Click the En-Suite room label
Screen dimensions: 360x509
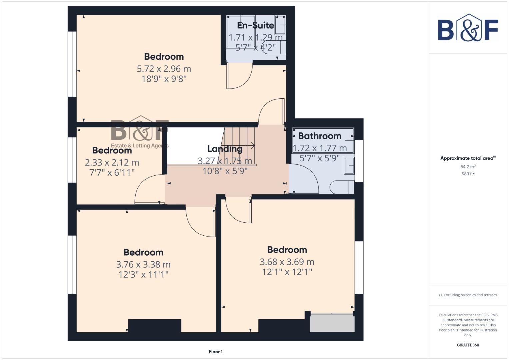click(255, 25)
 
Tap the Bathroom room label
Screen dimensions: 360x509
click(319, 136)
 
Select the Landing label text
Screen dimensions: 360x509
click(225, 149)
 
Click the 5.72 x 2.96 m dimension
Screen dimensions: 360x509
click(164, 69)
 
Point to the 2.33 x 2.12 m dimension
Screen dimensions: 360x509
click(112, 163)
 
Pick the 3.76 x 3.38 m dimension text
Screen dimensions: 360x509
click(143, 265)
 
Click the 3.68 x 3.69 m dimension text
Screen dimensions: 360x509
click(287, 262)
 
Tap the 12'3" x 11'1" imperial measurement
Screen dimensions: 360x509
click(143, 275)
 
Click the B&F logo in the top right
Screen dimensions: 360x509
click(468, 28)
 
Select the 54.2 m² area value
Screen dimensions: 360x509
click(468, 167)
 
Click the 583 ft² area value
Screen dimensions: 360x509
click(468, 174)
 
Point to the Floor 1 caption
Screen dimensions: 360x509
click(216, 352)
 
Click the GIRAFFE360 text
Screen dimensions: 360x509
click(468, 345)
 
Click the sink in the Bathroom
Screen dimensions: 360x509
click(349, 166)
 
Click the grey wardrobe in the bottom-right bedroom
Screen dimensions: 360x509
click(332, 323)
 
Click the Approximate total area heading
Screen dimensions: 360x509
click(468, 158)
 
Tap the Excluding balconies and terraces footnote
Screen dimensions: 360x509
click(468, 295)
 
